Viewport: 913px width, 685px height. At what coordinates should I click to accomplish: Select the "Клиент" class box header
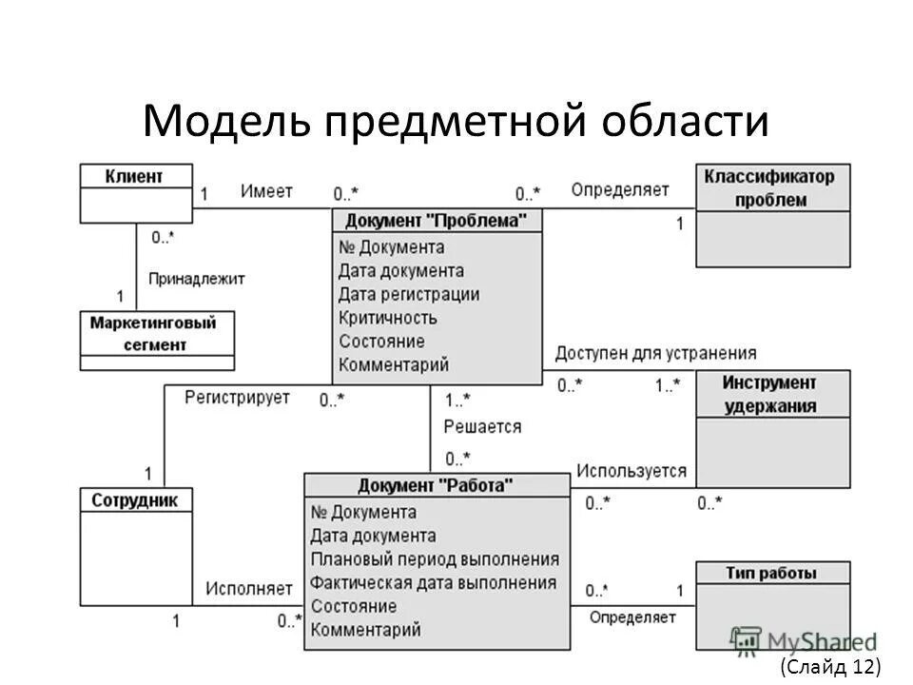pyautogui.click(x=135, y=176)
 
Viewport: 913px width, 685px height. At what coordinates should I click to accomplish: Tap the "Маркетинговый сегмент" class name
pyautogui.click(x=154, y=334)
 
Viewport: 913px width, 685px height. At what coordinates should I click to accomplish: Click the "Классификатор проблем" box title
pyautogui.click(x=769, y=187)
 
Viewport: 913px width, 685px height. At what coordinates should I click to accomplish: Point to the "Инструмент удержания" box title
pyautogui.click(x=769, y=394)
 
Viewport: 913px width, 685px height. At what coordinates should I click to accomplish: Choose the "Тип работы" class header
pyautogui.click(x=770, y=573)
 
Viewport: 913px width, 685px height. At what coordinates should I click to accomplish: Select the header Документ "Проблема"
pyautogui.click(x=436, y=221)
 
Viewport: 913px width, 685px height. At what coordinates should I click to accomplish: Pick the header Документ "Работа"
pyautogui.click(x=436, y=486)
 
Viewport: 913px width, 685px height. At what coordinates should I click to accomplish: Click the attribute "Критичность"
pyautogui.click(x=387, y=318)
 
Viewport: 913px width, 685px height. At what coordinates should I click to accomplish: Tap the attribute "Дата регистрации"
pyautogui.click(x=409, y=295)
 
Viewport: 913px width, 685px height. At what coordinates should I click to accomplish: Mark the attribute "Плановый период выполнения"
pyautogui.click(x=435, y=559)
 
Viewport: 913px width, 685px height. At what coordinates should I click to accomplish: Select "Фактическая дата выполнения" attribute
pyautogui.click(x=433, y=582)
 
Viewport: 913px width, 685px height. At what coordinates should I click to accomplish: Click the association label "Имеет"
pyautogui.click(x=266, y=190)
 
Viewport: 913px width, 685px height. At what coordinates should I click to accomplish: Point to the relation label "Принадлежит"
pyautogui.click(x=196, y=279)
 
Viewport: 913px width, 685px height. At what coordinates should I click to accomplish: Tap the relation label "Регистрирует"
pyautogui.click(x=237, y=398)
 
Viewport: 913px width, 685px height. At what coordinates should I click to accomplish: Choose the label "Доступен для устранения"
pyautogui.click(x=656, y=353)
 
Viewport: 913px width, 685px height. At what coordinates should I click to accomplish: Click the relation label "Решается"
pyautogui.click(x=482, y=426)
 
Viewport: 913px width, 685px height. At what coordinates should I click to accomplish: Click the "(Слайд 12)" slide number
pyautogui.click(x=830, y=666)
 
